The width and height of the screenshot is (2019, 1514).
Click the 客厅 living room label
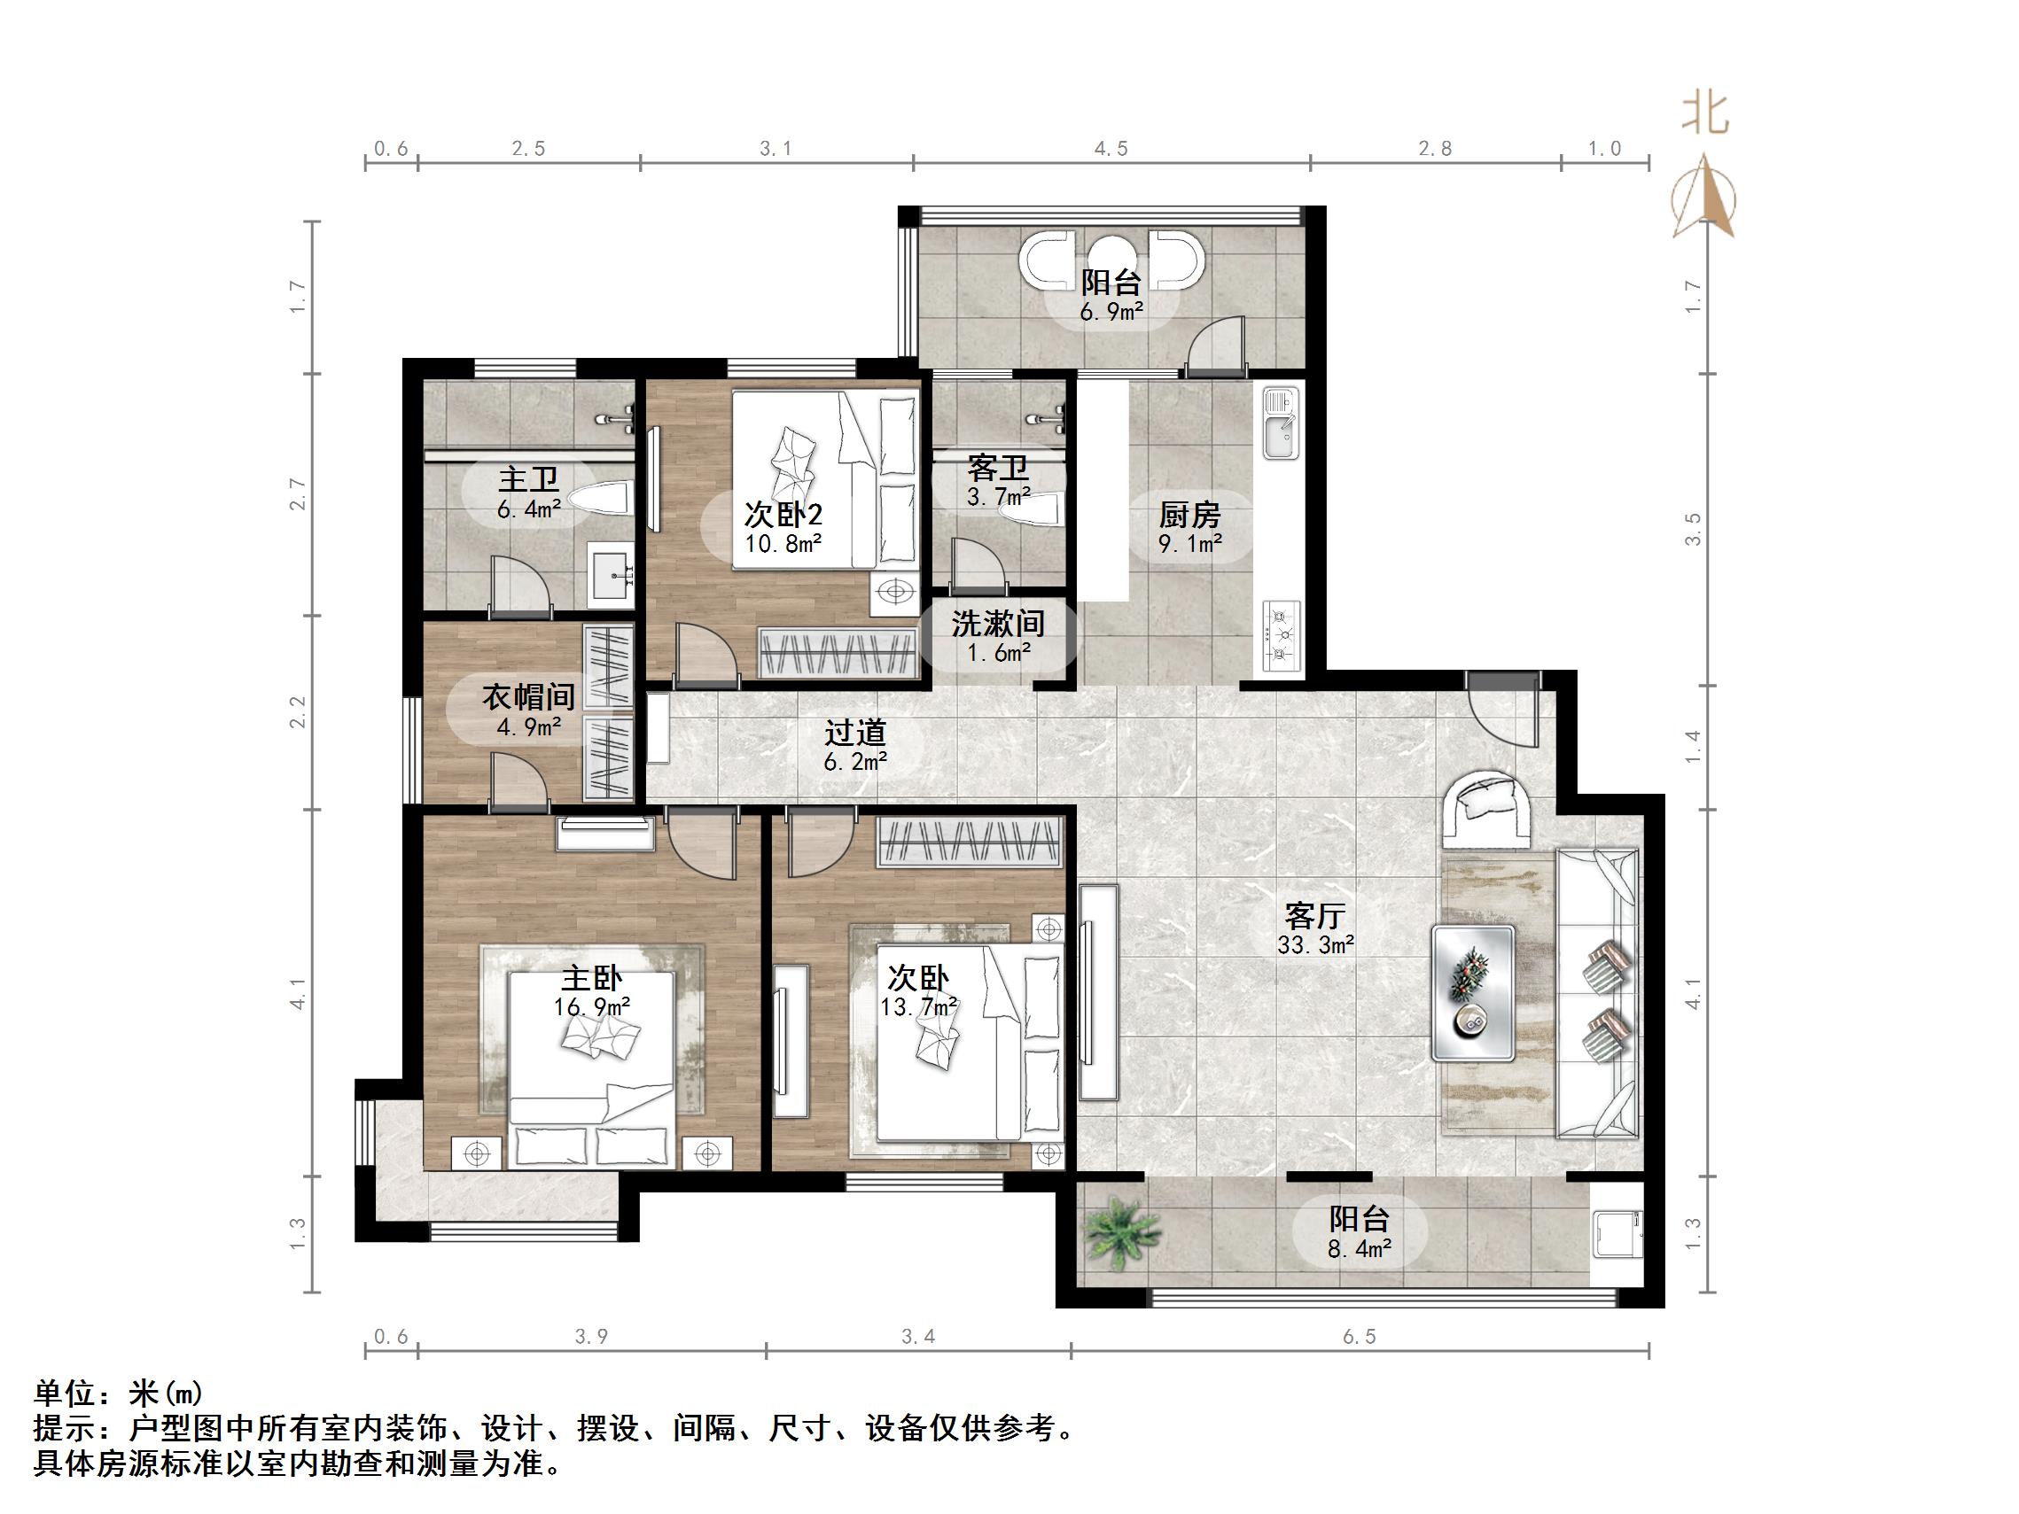(1314, 914)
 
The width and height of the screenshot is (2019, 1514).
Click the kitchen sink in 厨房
(1281, 423)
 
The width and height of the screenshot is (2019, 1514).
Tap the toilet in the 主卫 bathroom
(603, 498)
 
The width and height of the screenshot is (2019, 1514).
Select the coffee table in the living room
(1473, 993)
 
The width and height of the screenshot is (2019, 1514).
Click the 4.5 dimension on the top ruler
(1111, 149)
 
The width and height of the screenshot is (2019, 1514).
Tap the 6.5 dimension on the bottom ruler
(1358, 1337)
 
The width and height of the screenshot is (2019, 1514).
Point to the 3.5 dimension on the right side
(1693, 529)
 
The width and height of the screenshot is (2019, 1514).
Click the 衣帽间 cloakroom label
(528, 697)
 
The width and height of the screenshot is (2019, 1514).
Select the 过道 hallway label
(855, 732)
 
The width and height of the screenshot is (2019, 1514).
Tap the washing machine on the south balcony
(1618, 1235)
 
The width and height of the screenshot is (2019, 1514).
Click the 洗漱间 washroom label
(998, 625)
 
